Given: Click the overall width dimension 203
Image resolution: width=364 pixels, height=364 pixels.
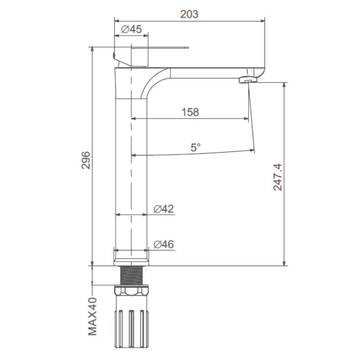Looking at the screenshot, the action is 189,15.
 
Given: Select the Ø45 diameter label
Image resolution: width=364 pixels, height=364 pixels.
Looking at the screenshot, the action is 131,29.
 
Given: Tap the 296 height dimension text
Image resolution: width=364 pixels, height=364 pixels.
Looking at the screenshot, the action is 86,160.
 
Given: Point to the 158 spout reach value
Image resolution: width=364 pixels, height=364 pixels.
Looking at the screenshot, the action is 190,112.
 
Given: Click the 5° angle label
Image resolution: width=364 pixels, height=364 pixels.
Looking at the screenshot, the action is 195,147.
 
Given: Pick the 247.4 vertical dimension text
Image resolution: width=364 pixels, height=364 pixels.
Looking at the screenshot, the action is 278,177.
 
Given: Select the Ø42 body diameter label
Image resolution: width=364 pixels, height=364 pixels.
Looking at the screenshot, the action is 163,209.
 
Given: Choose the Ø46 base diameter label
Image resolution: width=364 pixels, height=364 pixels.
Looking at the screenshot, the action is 163,244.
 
